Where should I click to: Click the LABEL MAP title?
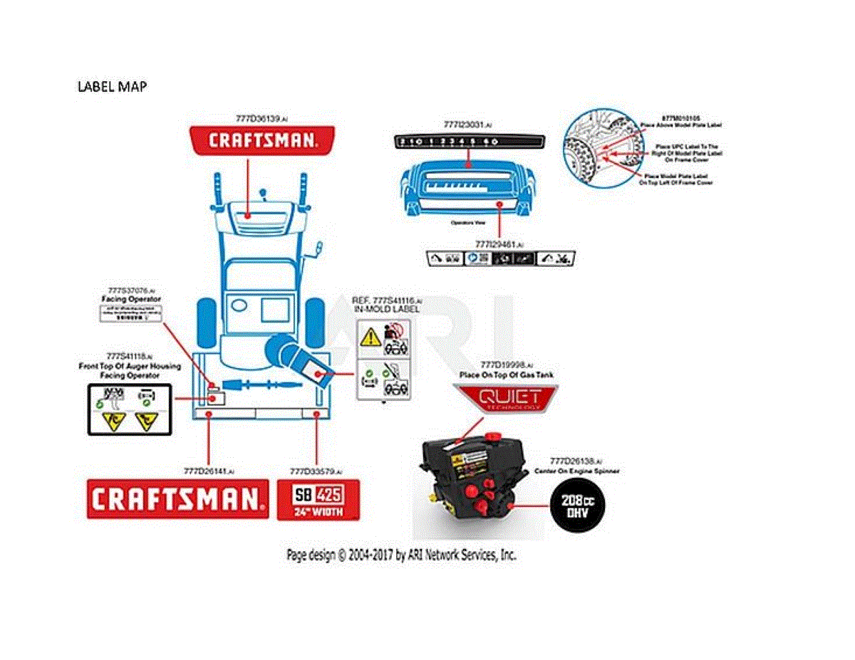tap(112, 86)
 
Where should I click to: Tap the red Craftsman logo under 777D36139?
tap(262, 140)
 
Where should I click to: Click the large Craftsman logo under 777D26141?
tap(177, 498)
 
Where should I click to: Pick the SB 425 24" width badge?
tap(318, 501)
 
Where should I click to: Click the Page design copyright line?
tap(401, 555)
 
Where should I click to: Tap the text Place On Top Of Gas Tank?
tap(507, 374)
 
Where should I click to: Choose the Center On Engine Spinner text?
tap(576, 471)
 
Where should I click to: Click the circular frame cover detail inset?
tap(593, 152)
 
